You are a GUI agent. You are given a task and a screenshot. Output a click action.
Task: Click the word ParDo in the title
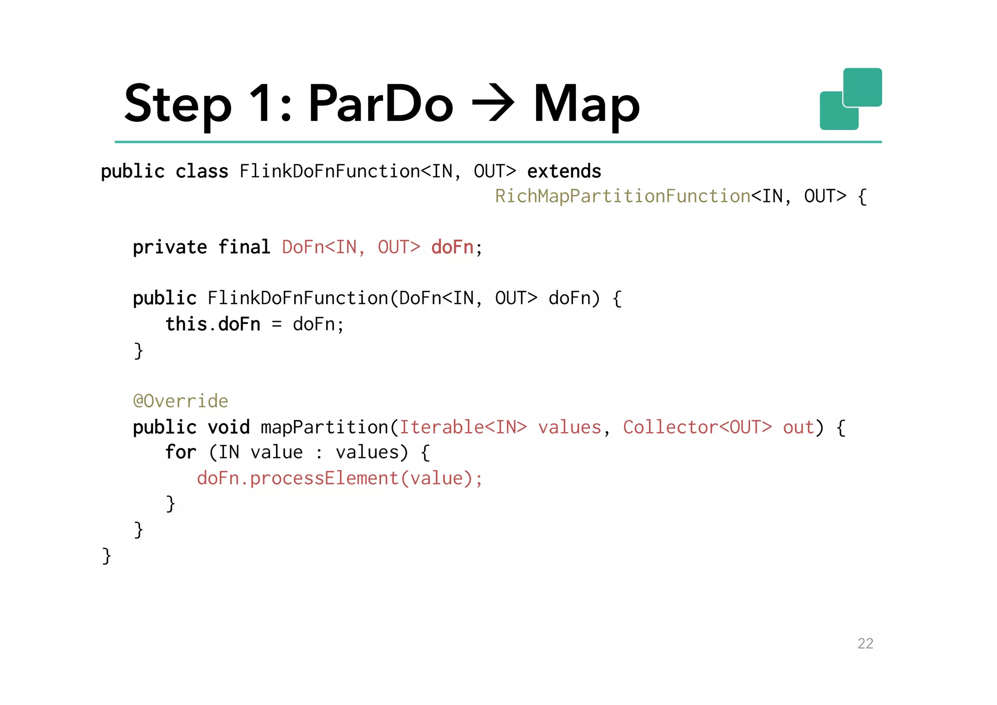tap(381, 103)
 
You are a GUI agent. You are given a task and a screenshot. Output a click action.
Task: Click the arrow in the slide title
tap(493, 103)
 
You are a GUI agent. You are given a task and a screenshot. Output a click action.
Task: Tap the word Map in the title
tap(587, 103)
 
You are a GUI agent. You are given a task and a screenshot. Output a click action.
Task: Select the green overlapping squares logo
tap(850, 99)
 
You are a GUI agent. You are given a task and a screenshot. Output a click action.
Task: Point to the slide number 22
tap(865, 644)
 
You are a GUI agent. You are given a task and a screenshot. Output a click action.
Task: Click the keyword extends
tap(564, 171)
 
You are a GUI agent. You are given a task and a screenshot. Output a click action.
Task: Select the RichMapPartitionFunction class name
tap(623, 196)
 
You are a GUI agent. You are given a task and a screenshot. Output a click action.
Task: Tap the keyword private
tap(170, 248)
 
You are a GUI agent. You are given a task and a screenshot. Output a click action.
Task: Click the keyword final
tap(244, 248)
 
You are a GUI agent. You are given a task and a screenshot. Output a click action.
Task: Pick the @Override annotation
tap(181, 401)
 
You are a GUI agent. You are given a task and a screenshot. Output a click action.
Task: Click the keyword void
tap(228, 427)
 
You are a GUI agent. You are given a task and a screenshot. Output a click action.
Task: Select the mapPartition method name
tap(324, 427)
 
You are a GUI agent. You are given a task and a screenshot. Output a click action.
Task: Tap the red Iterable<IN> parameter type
tap(463, 427)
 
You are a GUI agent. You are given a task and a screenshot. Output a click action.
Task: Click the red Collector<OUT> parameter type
tap(697, 427)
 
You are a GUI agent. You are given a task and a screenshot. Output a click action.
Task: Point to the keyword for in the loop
tap(181, 452)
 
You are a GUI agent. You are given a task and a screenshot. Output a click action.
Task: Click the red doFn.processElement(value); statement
tap(339, 478)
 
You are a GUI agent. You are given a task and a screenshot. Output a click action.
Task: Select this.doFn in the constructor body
tap(213, 324)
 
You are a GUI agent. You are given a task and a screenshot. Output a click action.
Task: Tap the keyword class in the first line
tap(202, 171)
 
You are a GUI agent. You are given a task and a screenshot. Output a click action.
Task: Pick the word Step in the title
tap(178, 103)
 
